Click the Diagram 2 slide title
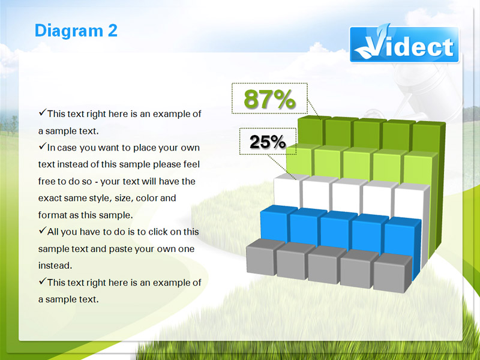tap(76, 31)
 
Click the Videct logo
tap(404, 44)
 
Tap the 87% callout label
tap(269, 99)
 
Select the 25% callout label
tap(268, 142)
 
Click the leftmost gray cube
tap(264, 257)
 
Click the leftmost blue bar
tap(275, 223)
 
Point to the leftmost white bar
tap(288, 190)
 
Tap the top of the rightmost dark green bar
tap(429, 124)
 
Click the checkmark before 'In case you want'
tap(42, 146)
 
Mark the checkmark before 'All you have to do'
tap(42, 230)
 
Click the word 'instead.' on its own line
tap(55, 265)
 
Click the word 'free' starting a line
tap(46, 181)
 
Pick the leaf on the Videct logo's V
tap(383, 32)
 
